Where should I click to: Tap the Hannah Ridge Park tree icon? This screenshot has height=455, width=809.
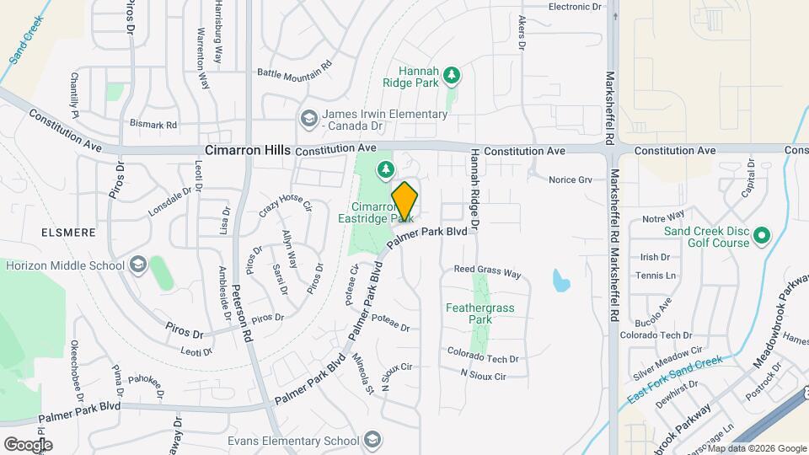tap(453, 76)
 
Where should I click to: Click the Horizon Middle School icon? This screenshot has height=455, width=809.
tap(137, 265)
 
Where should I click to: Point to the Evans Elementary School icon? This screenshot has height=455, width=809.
tap(372, 440)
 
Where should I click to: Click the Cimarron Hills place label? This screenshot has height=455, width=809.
tap(247, 150)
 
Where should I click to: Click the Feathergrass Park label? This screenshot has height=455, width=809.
tap(480, 313)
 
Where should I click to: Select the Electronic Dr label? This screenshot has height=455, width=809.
tap(576, 7)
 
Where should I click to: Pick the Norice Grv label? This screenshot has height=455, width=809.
tap(571, 179)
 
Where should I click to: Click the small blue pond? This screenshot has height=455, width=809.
tap(560, 280)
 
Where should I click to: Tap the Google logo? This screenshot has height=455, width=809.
tap(28, 444)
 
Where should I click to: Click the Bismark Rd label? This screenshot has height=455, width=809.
tap(153, 125)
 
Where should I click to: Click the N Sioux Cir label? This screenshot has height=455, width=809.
tap(483, 377)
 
